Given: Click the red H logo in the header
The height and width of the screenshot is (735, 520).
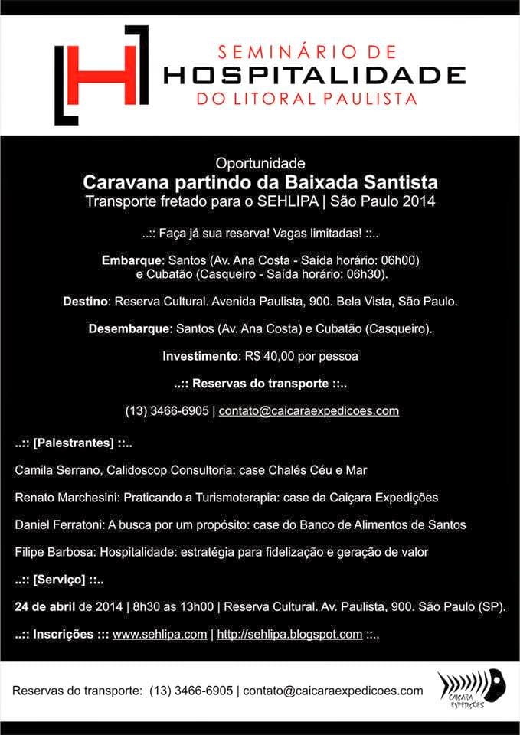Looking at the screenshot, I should click(x=101, y=74).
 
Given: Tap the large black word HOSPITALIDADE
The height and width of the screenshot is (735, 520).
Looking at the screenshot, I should click(x=315, y=75).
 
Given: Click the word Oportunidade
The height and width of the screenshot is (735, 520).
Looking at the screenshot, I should click(x=260, y=163).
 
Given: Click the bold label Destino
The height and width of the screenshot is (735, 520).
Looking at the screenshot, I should click(x=85, y=302).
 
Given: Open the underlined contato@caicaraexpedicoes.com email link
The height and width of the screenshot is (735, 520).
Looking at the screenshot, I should click(x=309, y=410).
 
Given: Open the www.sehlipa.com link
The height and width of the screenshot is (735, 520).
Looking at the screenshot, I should click(x=159, y=634).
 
